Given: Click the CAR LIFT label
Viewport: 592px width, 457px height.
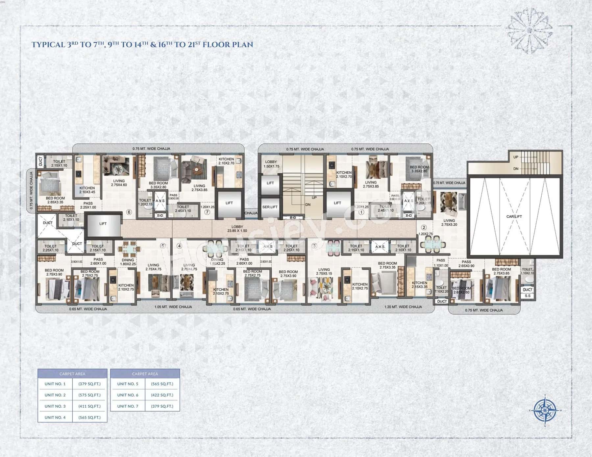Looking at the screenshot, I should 514,216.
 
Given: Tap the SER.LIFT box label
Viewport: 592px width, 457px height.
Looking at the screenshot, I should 270,207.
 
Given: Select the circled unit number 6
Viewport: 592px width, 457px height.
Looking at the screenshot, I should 129,212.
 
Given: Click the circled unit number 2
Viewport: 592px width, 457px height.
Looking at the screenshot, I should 424,227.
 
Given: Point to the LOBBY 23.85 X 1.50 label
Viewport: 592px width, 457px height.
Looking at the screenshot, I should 237,229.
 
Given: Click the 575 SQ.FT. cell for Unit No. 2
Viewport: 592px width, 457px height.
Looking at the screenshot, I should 89,395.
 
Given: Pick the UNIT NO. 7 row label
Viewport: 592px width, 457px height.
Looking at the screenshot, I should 128,406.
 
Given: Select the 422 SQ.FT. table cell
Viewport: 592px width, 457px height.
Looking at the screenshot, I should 162,395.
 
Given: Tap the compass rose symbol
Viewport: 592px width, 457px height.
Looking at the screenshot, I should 545,410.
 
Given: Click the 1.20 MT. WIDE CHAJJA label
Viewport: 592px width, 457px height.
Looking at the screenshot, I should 403,307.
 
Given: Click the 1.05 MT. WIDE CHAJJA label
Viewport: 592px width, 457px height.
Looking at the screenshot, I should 173,307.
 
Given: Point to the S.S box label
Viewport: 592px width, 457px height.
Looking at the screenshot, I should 528,296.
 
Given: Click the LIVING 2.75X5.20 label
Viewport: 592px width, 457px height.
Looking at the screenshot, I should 449,223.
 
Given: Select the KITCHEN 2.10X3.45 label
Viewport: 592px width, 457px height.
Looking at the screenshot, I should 87,190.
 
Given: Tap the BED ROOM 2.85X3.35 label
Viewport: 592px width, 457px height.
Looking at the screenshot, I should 55,200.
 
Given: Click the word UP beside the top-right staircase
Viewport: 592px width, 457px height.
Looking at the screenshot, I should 516,157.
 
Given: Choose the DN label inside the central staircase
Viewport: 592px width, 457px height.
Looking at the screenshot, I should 308,204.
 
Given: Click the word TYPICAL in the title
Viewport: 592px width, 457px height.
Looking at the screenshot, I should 48,45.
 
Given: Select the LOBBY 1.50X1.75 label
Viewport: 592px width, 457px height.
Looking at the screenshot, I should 271,164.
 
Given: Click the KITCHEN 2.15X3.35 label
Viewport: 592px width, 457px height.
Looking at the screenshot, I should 419,285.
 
